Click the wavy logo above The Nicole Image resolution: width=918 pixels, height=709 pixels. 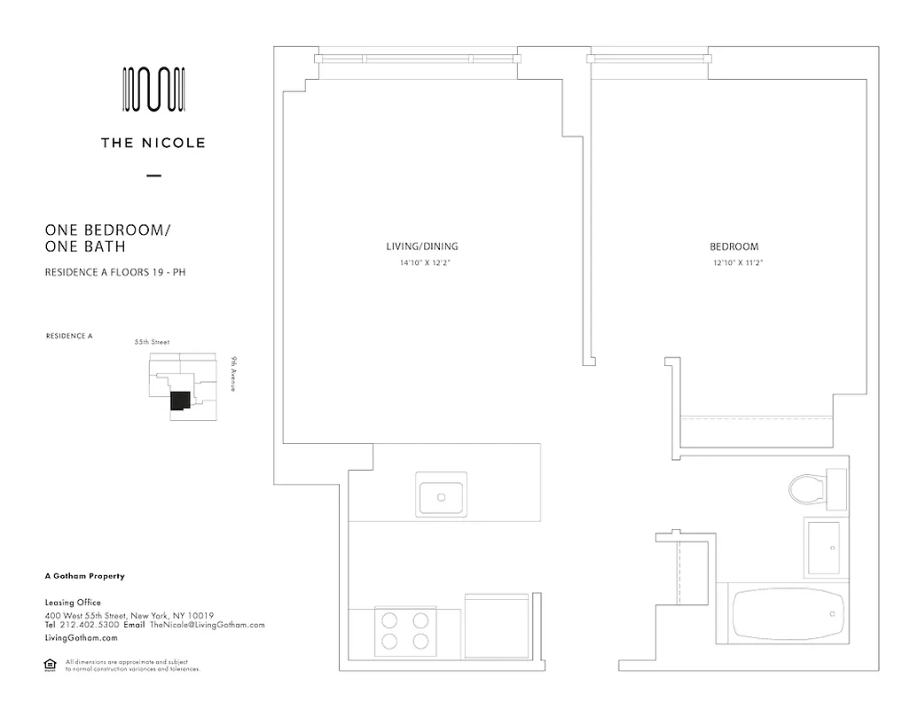(x=153, y=90)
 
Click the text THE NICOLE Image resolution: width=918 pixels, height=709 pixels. (x=153, y=143)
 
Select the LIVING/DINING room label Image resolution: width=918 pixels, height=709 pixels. (x=422, y=246)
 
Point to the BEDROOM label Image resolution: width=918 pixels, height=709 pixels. (x=734, y=246)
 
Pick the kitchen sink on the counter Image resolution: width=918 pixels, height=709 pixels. (x=441, y=495)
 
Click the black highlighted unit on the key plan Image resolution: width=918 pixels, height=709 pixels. (x=180, y=401)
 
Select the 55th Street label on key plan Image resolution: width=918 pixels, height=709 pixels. (x=152, y=341)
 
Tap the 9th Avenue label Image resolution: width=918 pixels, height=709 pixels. (x=232, y=374)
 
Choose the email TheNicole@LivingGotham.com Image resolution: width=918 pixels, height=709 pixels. (x=208, y=625)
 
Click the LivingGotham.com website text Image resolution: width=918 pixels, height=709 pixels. (x=81, y=637)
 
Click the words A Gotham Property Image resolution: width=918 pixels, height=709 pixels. (x=84, y=576)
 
